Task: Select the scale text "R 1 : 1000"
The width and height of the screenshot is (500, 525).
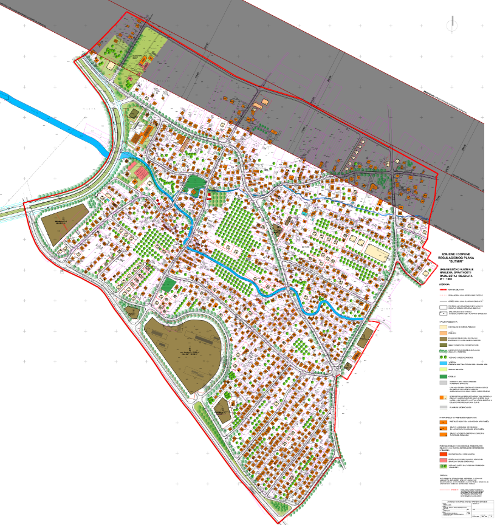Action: (x=446, y=278)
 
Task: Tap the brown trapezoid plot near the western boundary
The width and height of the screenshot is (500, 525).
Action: (x=63, y=224)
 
